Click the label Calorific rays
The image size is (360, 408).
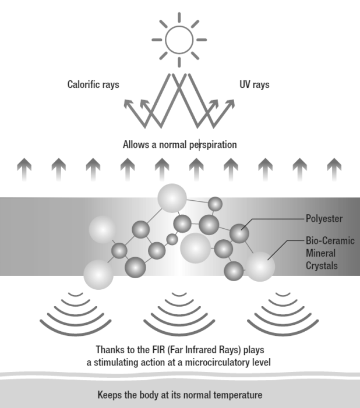pos(93,85)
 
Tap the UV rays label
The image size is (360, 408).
pos(254,85)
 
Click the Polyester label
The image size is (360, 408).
pos(324,219)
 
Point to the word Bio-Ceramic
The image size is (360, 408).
pos(330,240)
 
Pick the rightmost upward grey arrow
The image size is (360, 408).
pos(334,168)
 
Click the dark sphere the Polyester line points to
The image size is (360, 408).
pos(238,233)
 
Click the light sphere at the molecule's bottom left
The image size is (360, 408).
pos(98,274)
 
